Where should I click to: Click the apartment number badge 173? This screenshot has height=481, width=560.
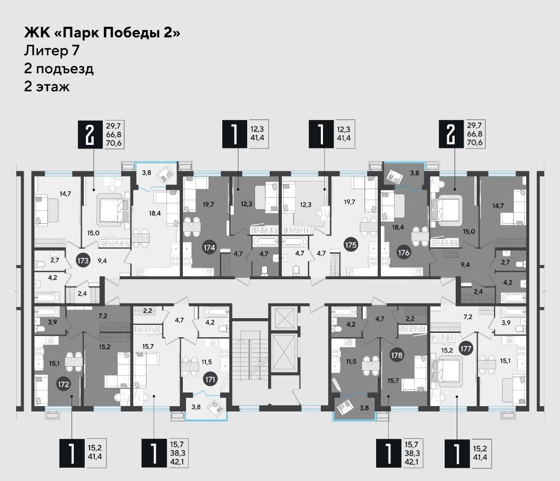tap(83, 260)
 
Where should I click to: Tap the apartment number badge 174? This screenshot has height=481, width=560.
tap(209, 247)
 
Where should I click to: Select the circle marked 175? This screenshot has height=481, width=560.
tap(351, 245)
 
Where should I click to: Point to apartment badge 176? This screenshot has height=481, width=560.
tap(404, 252)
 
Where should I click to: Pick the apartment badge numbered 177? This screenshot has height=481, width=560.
tap(466, 349)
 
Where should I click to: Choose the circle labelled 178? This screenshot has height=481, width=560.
tap(397, 355)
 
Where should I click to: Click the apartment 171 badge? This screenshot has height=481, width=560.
tap(210, 379)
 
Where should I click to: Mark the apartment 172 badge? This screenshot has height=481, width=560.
tap(63, 384)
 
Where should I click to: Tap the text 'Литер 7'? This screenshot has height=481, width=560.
tap(52, 51)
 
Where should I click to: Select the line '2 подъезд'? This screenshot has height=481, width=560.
tap(59, 68)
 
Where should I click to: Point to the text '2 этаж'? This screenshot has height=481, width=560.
tap(47, 86)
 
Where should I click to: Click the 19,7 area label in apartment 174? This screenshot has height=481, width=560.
tap(208, 204)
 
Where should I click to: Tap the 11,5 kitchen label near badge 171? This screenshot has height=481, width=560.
tap(207, 362)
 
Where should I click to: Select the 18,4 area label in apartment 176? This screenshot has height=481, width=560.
tap(398, 227)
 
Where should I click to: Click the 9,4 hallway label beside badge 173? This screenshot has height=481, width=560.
tap(102, 261)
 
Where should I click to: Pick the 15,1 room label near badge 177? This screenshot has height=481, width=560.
tap(505, 361)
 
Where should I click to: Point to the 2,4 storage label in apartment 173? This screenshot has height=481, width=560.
tap(82, 293)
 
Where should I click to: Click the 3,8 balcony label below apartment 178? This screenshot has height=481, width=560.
tap(364, 407)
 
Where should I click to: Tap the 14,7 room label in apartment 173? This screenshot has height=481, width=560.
tap(65, 194)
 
